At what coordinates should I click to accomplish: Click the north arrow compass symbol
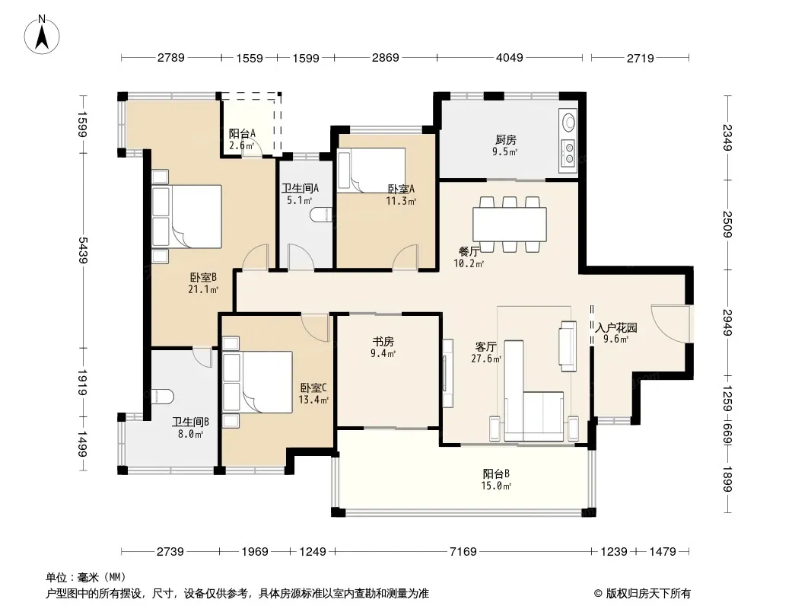[x=42, y=35]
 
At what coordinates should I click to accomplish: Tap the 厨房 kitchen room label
[x=505, y=140]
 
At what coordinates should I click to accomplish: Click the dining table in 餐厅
[x=510, y=224]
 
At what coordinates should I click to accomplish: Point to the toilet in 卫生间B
[x=162, y=397]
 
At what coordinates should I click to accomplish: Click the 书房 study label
[x=383, y=342]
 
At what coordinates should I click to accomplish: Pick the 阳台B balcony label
[x=497, y=473]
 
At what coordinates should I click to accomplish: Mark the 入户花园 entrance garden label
[x=616, y=327]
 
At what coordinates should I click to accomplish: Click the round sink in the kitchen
[x=569, y=123]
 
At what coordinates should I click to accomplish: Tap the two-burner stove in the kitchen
[x=568, y=154]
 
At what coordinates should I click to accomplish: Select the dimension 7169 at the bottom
[x=463, y=552]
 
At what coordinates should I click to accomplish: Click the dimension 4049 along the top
[x=510, y=58]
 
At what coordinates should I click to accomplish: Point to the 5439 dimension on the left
[x=83, y=250]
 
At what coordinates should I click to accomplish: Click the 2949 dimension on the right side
[x=728, y=322]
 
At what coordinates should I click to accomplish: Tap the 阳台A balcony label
[x=242, y=133]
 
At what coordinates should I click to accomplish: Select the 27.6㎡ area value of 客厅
[x=486, y=359]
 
